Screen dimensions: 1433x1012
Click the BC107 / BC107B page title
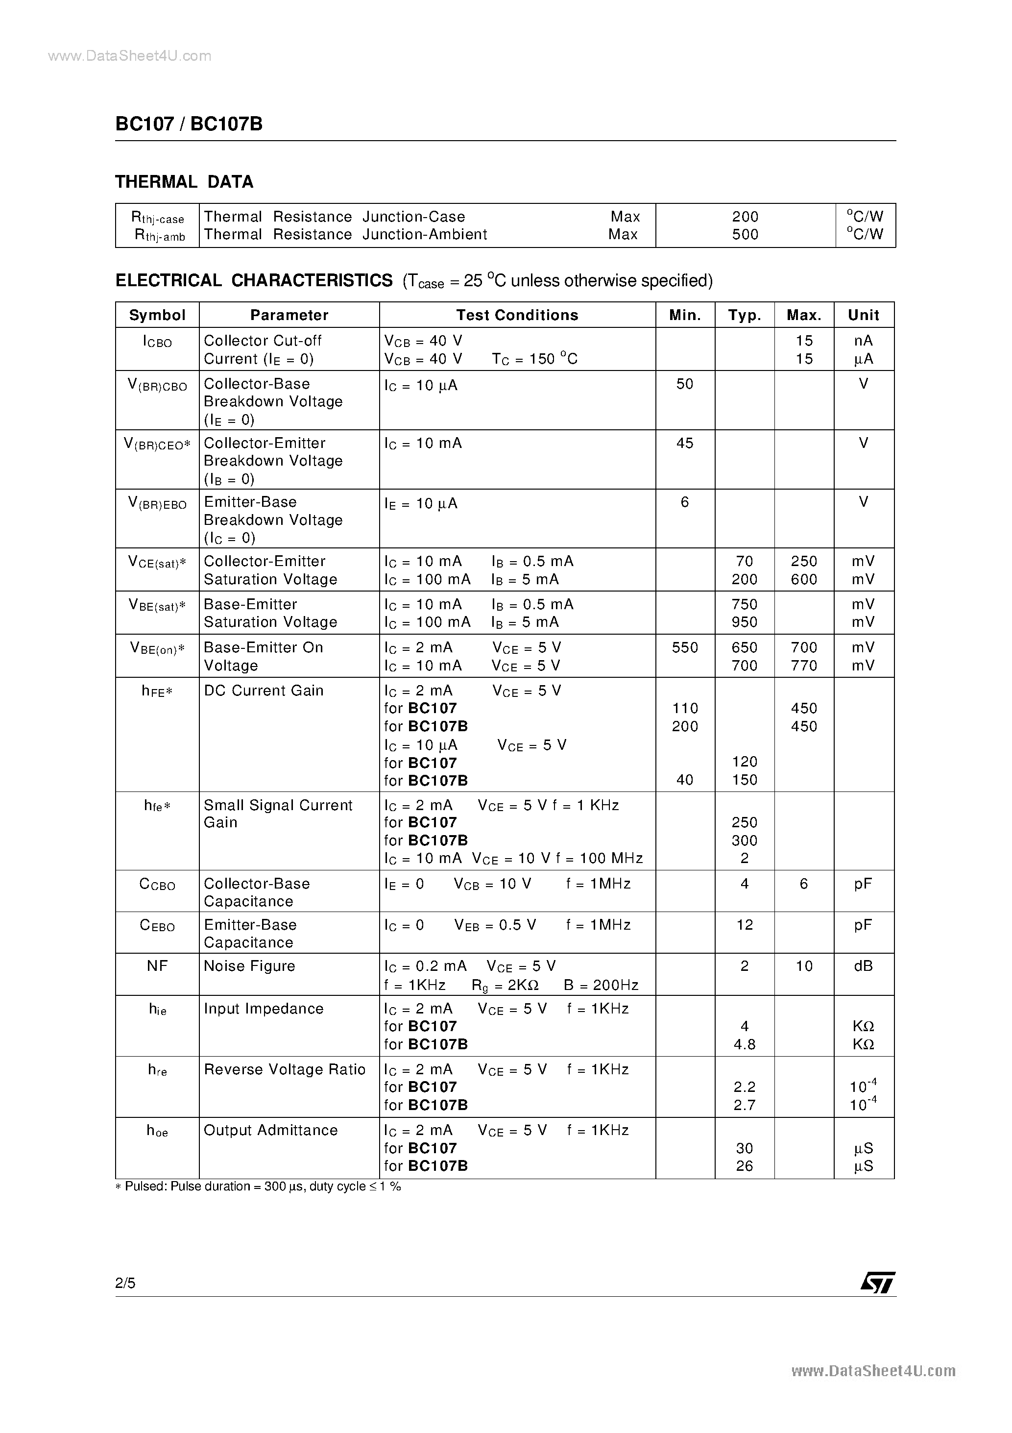189,124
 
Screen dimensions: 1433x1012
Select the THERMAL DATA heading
184,182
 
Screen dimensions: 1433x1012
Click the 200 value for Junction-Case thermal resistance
745,217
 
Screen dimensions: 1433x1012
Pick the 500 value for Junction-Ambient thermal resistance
745,235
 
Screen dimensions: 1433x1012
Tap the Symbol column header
157,315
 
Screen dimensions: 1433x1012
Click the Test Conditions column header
517,315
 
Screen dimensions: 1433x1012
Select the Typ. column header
745,315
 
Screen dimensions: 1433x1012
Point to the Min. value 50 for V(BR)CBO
684,384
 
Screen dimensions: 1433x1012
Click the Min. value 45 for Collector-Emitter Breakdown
684,443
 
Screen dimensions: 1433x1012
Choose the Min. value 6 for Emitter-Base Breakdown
684,502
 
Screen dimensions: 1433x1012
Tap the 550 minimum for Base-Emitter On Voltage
684,648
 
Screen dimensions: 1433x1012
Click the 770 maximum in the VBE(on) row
804,666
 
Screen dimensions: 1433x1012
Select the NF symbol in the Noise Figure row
157,966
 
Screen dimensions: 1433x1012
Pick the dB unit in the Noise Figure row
863,966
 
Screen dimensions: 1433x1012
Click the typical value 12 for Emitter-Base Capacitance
745,925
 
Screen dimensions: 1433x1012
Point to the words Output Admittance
271,1130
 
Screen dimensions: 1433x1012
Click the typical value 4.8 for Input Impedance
745,1044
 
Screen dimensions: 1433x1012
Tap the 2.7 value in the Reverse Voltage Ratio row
745,1105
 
